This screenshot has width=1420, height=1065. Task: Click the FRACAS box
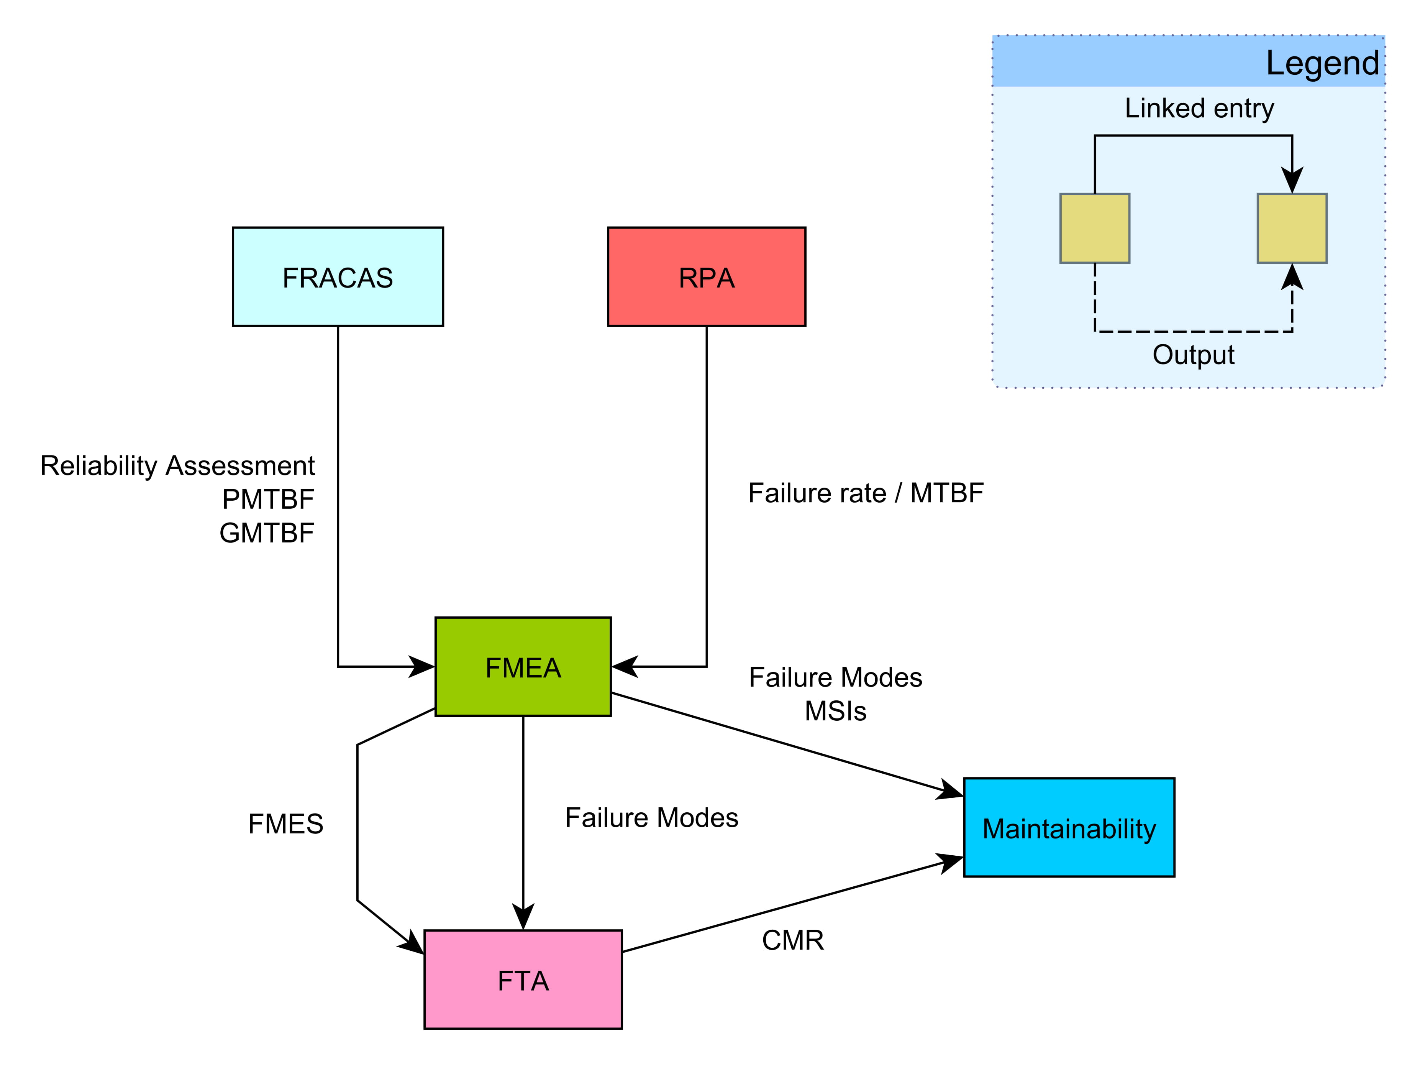pos(338,277)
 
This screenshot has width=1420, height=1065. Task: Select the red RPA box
pos(706,277)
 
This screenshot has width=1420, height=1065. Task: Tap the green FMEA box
pos(523,667)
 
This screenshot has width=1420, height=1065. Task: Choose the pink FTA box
pos(523,980)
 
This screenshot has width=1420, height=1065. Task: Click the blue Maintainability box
pos(1069,827)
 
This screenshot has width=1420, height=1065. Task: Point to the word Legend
pos(1322,63)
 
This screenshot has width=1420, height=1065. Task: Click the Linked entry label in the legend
pos(1199,108)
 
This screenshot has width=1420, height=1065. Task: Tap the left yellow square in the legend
pos(1095,228)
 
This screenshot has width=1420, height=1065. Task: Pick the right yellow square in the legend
pos(1292,228)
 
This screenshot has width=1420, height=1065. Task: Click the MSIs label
pos(835,711)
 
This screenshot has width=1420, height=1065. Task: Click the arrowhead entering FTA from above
pos(523,917)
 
